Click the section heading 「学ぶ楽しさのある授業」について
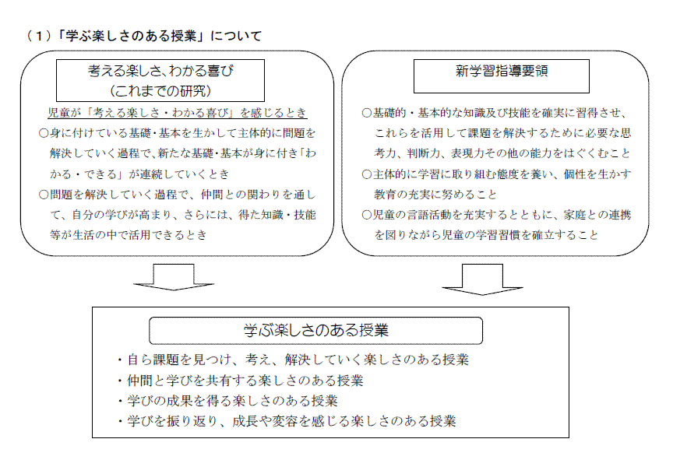tap(144, 36)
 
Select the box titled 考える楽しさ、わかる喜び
tap(160, 81)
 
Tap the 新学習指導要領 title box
tap(502, 76)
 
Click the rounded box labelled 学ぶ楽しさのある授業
tap(316, 331)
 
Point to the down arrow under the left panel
tap(174, 277)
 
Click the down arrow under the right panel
tap(482, 279)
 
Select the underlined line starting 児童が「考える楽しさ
tap(178, 113)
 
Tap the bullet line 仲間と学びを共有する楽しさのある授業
tap(241, 381)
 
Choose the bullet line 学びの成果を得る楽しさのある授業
tap(228, 401)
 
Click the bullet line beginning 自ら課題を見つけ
tap(293, 360)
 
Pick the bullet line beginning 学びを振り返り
tap(287, 421)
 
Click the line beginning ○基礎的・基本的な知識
tap(495, 113)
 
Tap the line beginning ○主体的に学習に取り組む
tap(496, 174)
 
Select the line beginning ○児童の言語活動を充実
tap(496, 215)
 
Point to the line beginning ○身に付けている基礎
tap(178, 133)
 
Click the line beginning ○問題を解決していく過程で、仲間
tap(178, 195)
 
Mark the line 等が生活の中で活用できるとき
tap(129, 235)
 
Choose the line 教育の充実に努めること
tap(435, 195)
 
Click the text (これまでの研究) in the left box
tap(160, 91)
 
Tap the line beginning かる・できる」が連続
tap(140, 174)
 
